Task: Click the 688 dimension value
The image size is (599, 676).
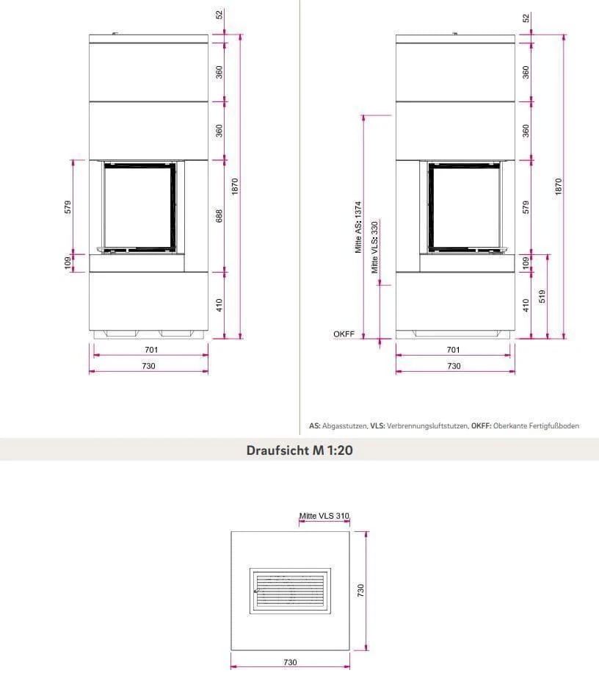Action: (219, 216)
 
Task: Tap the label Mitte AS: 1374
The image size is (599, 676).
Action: (359, 229)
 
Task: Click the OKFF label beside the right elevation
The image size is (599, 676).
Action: (344, 334)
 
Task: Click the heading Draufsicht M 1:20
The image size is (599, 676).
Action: (299, 450)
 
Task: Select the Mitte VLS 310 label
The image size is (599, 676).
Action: (324, 516)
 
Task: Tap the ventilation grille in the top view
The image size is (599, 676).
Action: (290, 591)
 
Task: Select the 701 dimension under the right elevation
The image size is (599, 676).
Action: (454, 350)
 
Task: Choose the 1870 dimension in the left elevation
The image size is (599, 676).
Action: (235, 186)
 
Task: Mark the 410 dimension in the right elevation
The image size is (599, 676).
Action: (526, 303)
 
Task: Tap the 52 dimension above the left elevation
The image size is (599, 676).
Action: (219, 15)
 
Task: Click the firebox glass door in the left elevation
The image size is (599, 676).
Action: (138, 206)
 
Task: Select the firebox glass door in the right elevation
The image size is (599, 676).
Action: (464, 206)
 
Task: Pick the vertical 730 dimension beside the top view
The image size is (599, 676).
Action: (360, 590)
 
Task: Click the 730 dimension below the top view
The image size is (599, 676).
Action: (290, 662)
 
